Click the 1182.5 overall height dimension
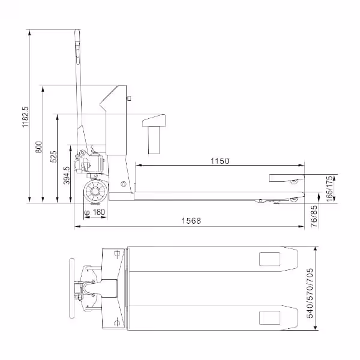[x=25, y=116]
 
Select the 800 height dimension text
[x=39, y=147]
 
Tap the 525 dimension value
[x=53, y=157]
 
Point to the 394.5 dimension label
[x=67, y=175]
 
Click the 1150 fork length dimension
[x=220, y=161]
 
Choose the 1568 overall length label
[x=191, y=221]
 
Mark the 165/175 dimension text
[x=329, y=189]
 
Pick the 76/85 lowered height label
[x=314, y=216]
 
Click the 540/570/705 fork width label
[x=310, y=293]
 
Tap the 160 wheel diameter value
[x=99, y=212]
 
